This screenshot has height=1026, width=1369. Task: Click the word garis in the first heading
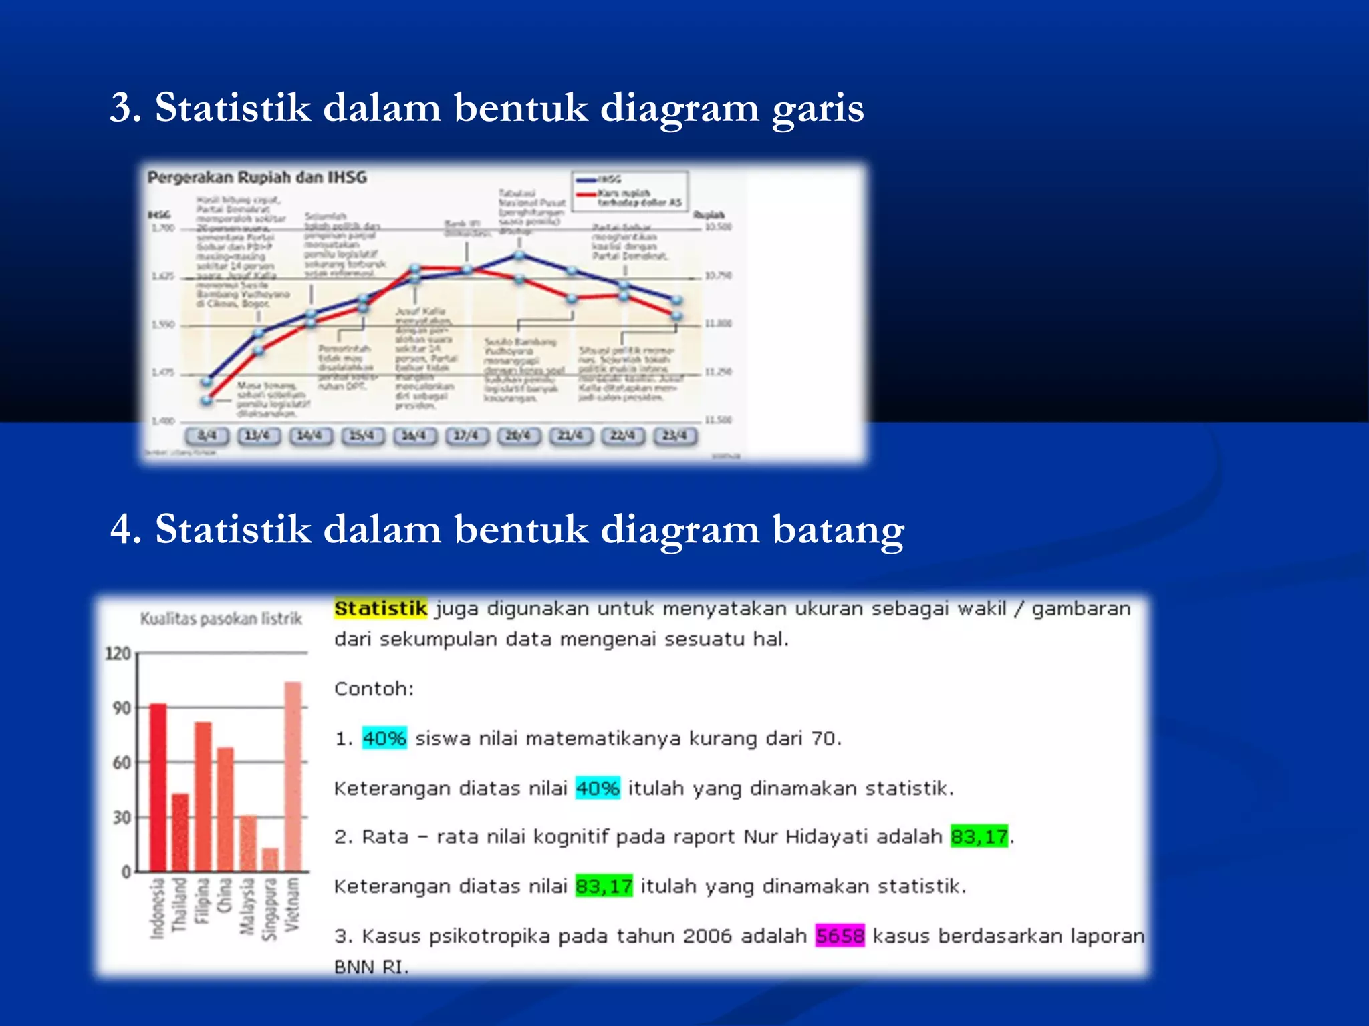817,108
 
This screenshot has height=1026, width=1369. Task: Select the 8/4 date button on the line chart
207,436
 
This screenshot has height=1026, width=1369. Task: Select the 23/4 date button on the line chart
674,436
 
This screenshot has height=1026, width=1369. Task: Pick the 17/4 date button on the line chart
467,436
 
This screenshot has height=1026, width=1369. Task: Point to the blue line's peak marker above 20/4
519,255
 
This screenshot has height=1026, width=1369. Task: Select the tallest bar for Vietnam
293,776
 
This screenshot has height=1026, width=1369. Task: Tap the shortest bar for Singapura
270,859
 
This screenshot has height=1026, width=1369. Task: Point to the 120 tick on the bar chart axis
118,653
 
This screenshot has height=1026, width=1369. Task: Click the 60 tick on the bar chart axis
122,762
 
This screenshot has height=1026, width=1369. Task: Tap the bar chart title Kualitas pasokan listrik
221,619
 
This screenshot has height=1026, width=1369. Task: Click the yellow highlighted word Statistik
380,609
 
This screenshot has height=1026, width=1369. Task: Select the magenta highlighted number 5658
840,936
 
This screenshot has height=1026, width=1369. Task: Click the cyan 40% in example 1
384,739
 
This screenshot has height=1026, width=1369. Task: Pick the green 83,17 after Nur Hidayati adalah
979,836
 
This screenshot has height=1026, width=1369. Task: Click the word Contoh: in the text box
374,689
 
